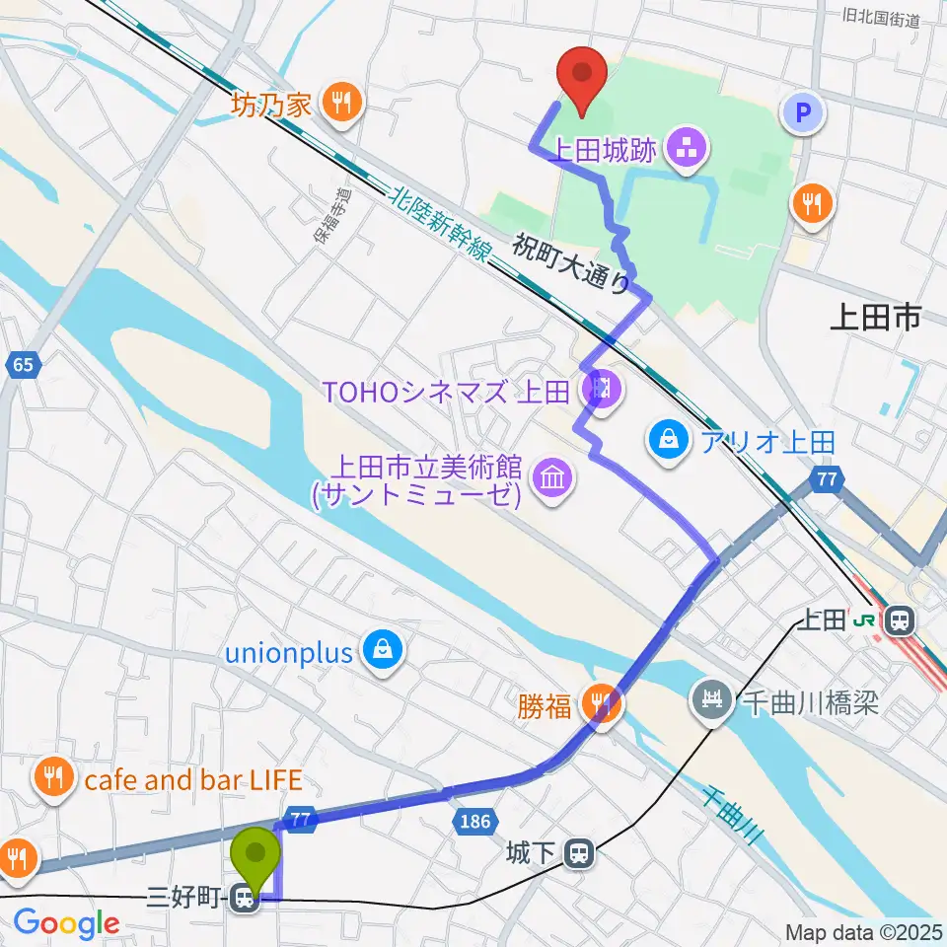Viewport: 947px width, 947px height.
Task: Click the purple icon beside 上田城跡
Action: point(683,150)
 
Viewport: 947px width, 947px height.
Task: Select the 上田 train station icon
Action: point(899,620)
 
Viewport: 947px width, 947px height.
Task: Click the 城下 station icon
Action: point(582,852)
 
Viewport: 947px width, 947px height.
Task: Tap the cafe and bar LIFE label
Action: point(193,780)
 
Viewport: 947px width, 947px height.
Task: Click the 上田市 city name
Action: point(875,317)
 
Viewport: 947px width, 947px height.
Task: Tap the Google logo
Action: point(67,924)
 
